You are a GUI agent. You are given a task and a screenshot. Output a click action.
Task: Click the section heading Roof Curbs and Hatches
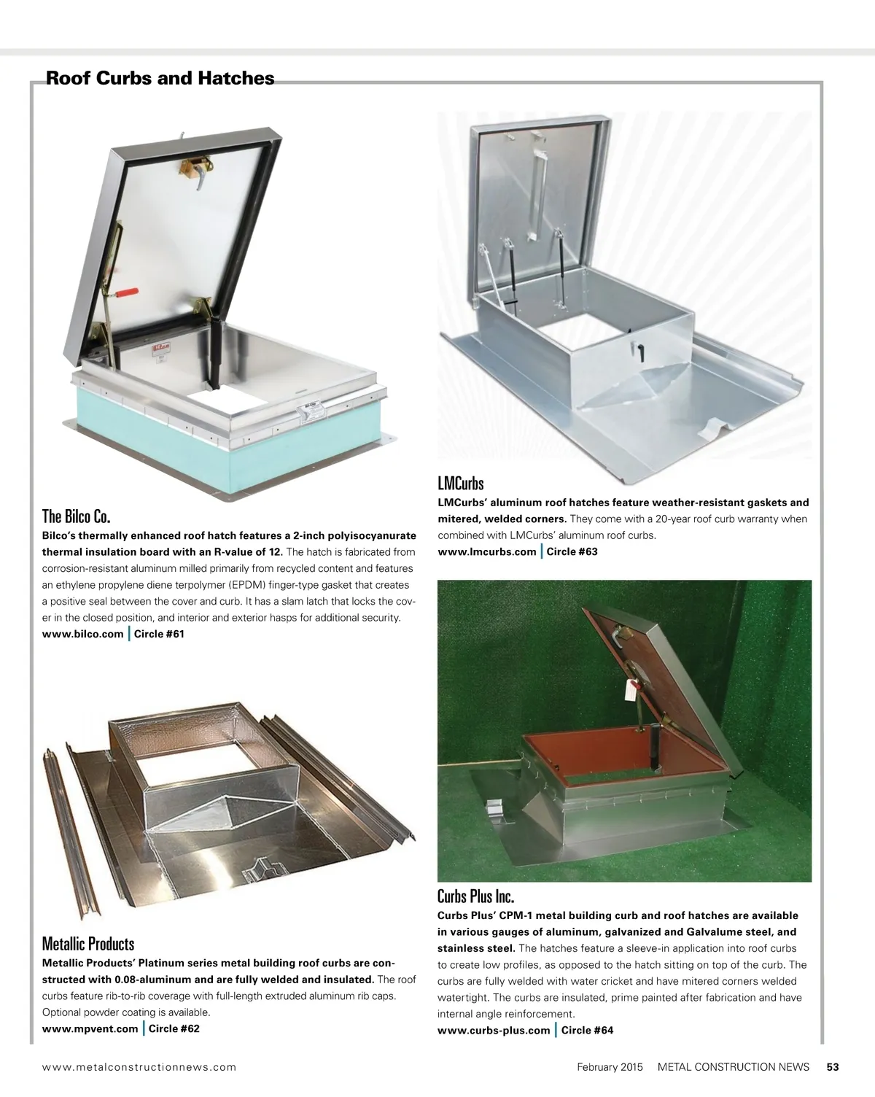coord(160,78)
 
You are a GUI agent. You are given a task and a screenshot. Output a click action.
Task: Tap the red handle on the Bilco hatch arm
coord(126,293)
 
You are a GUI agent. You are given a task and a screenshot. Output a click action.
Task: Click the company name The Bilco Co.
coord(76,516)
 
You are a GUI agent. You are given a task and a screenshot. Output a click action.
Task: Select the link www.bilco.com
coord(82,634)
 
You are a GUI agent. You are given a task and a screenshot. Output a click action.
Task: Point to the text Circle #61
coord(159,634)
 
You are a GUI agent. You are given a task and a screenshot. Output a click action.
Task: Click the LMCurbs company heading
coord(461,483)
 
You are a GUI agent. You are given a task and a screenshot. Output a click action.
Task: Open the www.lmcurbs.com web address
coord(487,551)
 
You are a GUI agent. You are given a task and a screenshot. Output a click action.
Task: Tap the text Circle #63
coord(572,551)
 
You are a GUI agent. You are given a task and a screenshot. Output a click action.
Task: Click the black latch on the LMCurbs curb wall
coord(640,352)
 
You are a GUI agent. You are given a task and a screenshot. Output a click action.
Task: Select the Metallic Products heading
coord(88,944)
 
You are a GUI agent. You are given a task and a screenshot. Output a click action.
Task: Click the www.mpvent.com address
coord(90,1028)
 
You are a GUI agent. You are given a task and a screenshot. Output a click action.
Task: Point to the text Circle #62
coord(174,1028)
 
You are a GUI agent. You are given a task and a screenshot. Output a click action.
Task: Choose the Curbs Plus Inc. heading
coord(475,896)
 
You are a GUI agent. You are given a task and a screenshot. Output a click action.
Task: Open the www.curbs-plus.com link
coord(494,1030)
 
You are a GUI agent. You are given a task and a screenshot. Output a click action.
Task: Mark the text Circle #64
coord(587,1030)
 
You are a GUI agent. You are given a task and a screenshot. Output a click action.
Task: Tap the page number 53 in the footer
coord(833,1067)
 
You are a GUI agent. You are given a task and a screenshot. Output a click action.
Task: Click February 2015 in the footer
coord(610,1067)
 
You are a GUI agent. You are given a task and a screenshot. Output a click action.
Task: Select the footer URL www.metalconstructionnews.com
coord(139,1067)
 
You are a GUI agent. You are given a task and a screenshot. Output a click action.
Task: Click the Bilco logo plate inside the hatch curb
coord(161,349)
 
